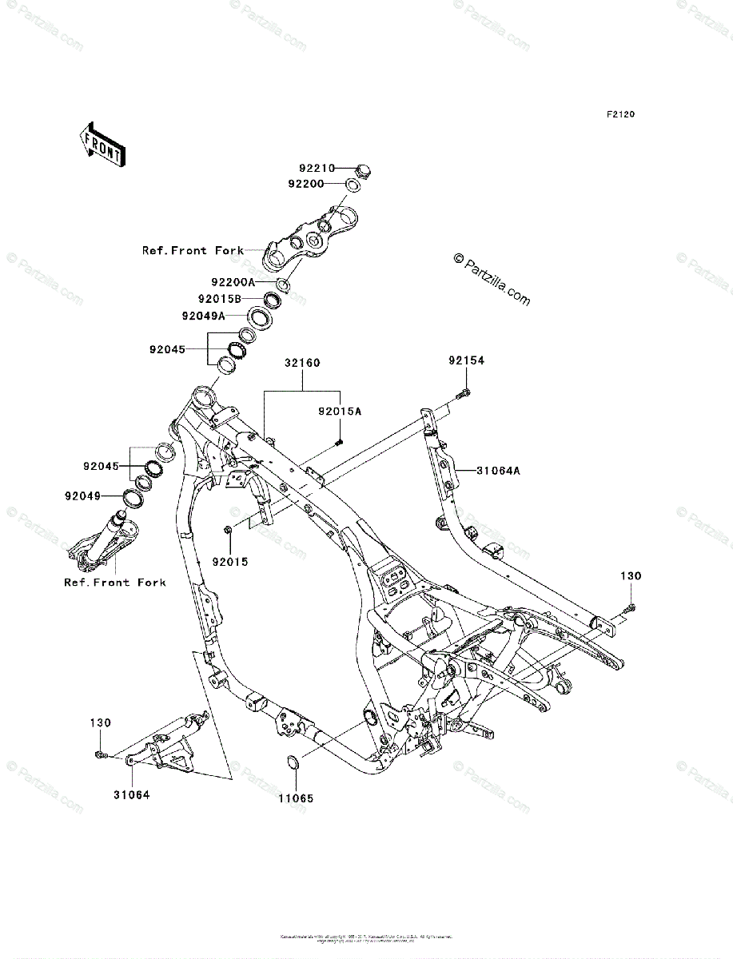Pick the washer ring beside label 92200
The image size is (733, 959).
coord(351,185)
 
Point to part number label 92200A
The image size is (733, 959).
coord(233,282)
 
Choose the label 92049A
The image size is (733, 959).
coord(203,316)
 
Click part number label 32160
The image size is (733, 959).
coord(301,363)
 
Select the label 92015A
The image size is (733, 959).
coord(340,411)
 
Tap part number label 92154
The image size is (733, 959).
coord(466,361)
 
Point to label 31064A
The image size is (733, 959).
coord(499,471)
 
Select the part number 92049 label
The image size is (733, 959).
coord(83,495)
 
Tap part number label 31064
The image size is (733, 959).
coord(131,794)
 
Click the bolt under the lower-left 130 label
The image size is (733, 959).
coord(99,754)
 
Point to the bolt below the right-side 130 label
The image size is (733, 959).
coord(631,609)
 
